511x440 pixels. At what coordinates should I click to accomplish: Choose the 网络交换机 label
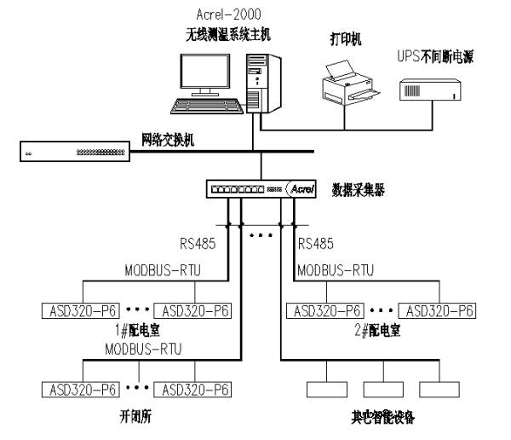[x=168, y=139]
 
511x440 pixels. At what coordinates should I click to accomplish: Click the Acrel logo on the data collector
[x=302, y=188]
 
